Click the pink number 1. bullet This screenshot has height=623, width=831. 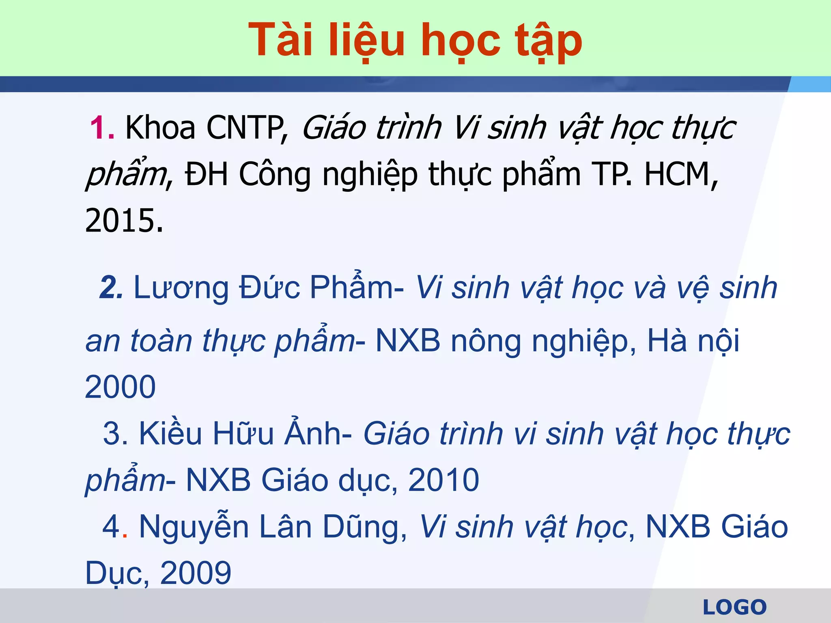click(x=102, y=128)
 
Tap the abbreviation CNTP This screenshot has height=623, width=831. click(x=245, y=128)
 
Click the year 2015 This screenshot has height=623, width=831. click(x=124, y=221)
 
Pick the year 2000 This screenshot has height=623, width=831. click(x=120, y=387)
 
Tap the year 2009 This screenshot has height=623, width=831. click(x=196, y=573)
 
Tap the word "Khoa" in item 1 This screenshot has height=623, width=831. click(x=160, y=128)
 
